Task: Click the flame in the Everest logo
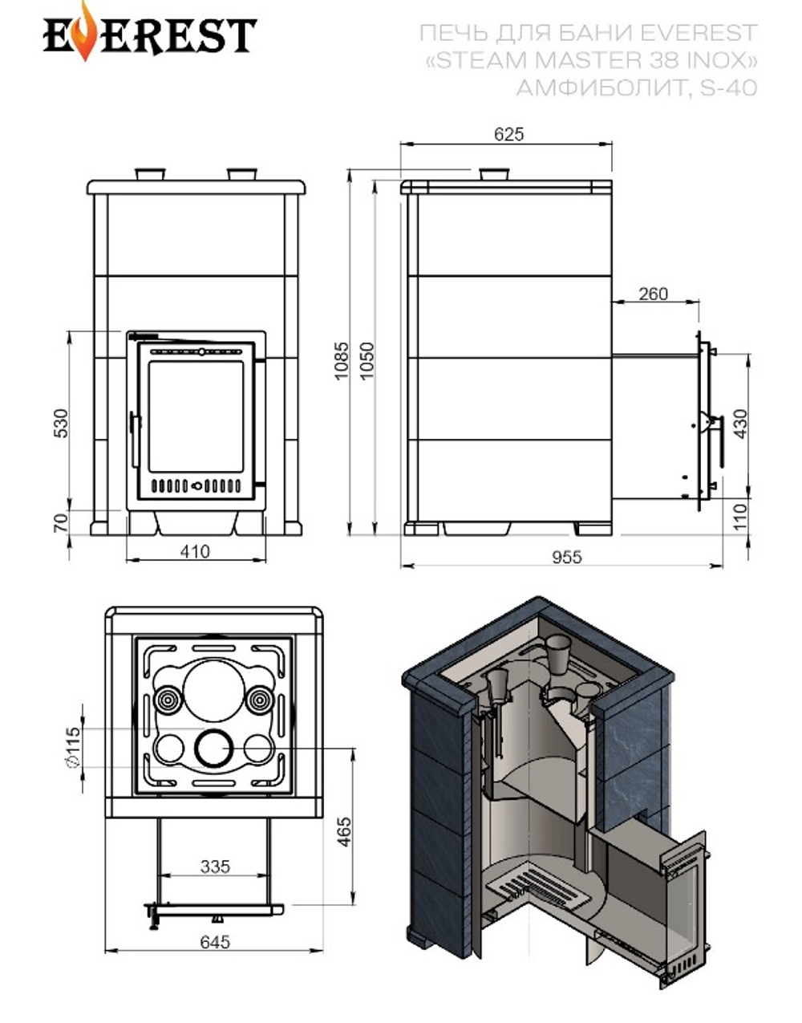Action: pyautogui.click(x=83, y=36)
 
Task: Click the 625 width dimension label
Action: pyautogui.click(x=508, y=134)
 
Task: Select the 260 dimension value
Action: pyautogui.click(x=653, y=294)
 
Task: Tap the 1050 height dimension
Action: pyautogui.click(x=367, y=361)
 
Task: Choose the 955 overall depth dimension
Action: pyautogui.click(x=566, y=556)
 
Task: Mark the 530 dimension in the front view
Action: pyautogui.click(x=61, y=424)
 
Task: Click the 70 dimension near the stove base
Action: pyautogui.click(x=61, y=523)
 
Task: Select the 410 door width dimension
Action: pyautogui.click(x=195, y=551)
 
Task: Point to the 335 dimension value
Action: pyautogui.click(x=215, y=867)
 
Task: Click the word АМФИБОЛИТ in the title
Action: pyautogui.click(x=599, y=87)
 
